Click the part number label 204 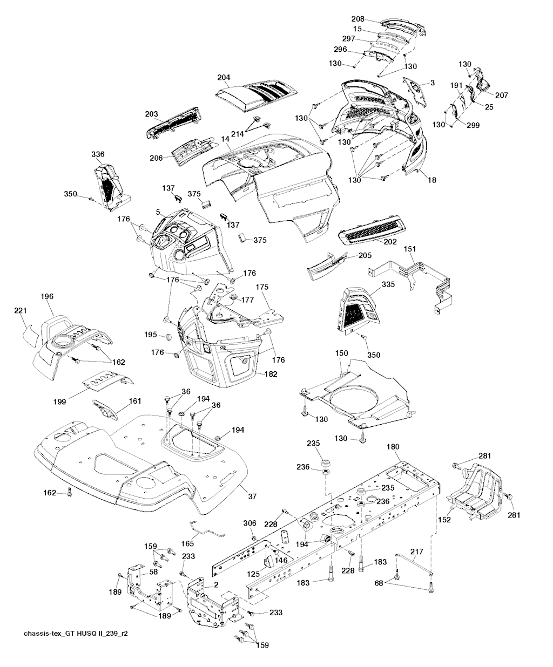225,78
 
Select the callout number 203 152,114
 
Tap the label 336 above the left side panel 98,155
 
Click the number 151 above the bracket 410,249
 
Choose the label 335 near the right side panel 388,284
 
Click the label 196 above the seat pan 47,296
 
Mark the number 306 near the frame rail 249,523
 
